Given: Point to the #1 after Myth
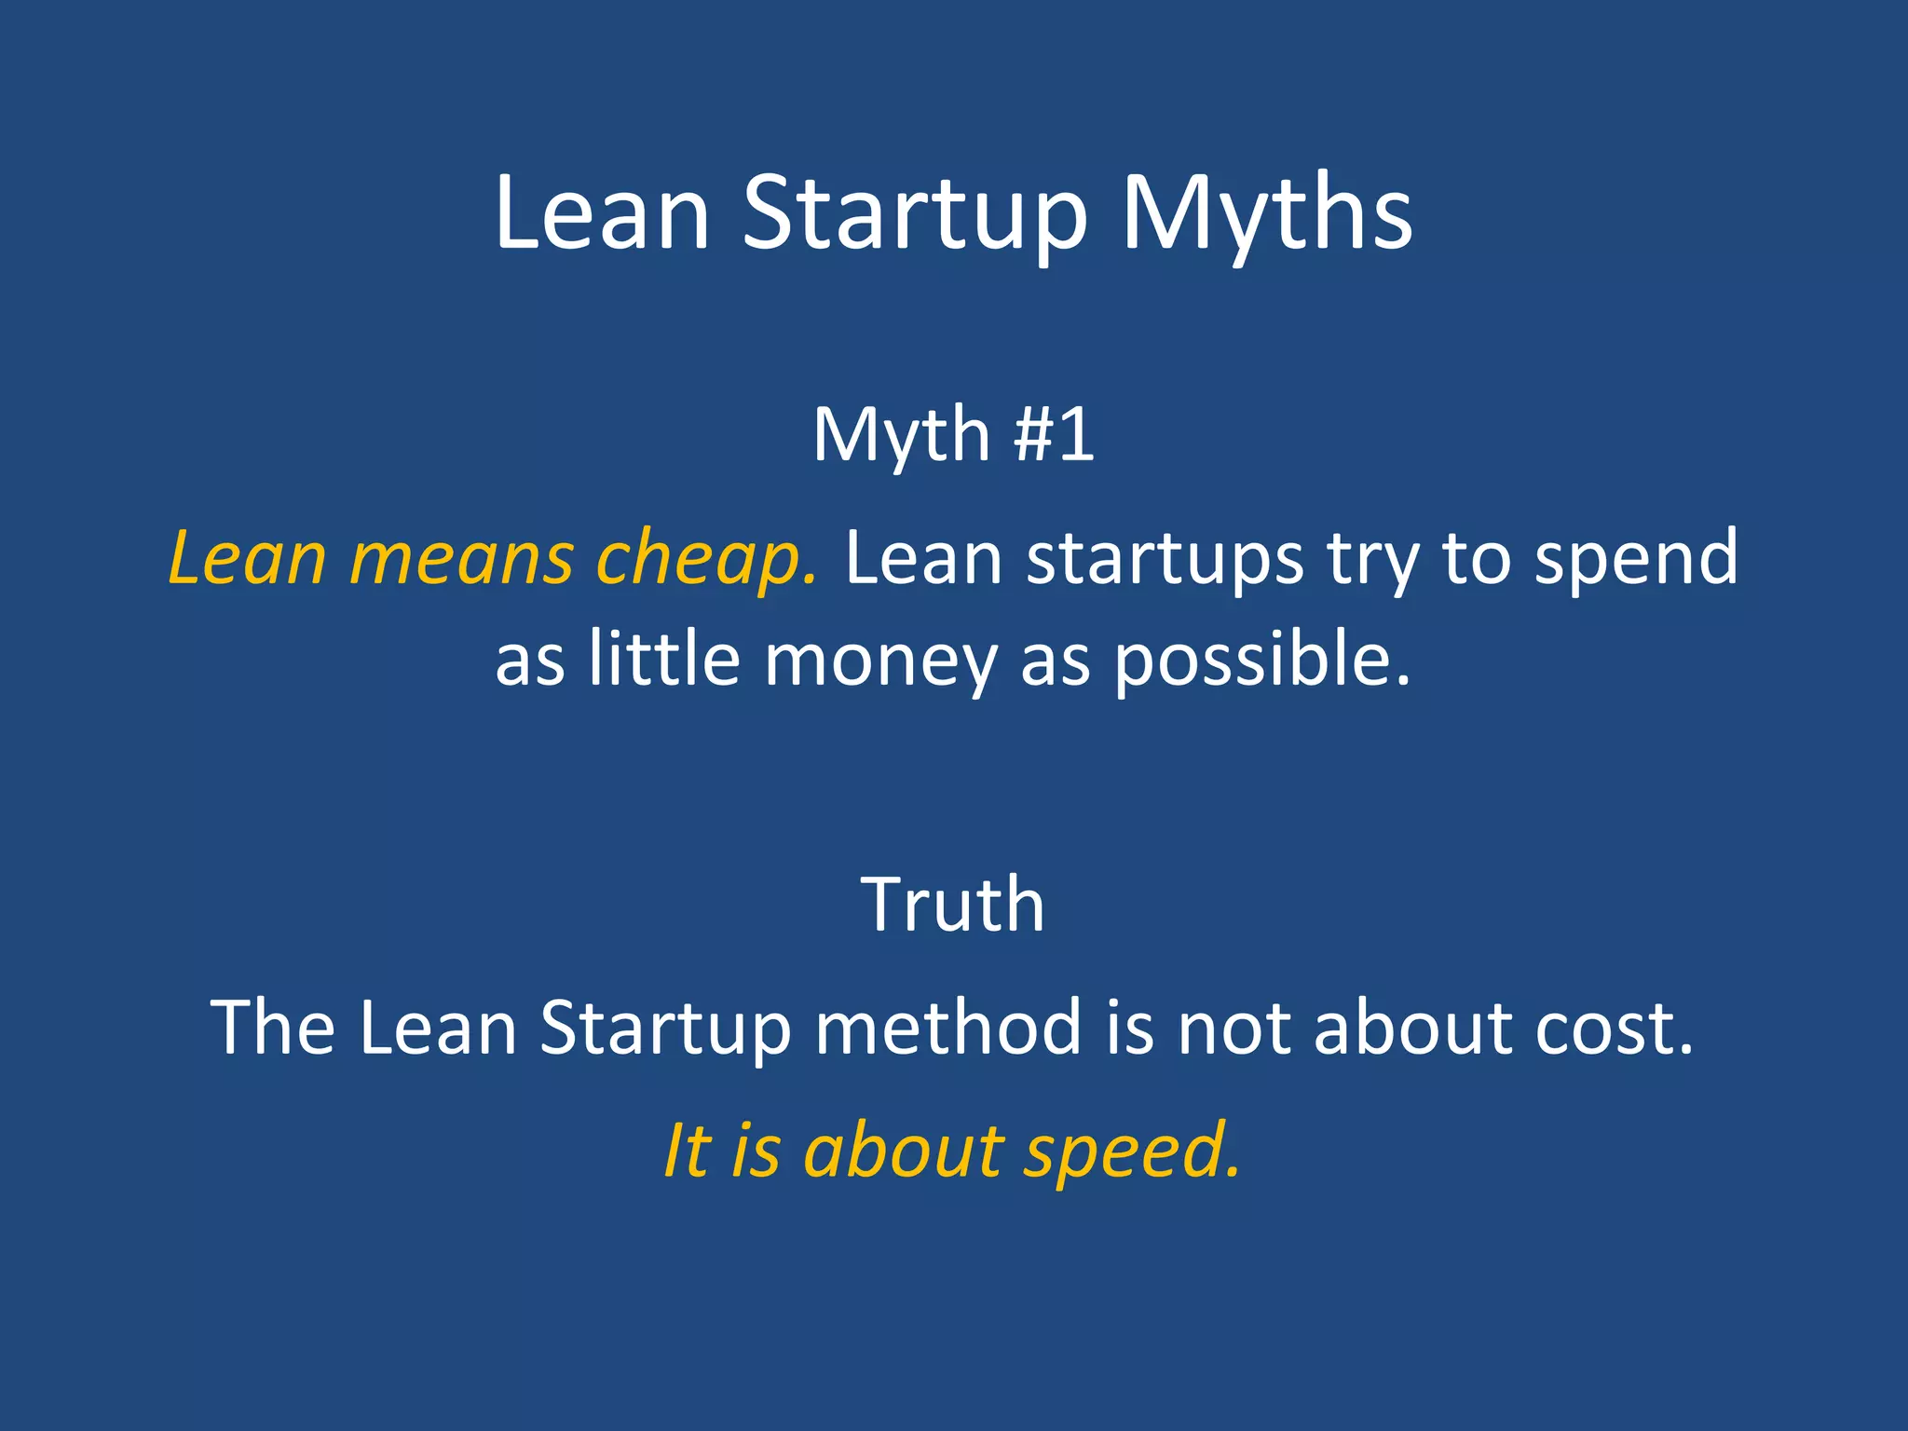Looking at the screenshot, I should click(x=1054, y=435).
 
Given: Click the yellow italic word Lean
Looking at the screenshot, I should click(x=248, y=559).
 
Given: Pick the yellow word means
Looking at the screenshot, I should click(x=462, y=559).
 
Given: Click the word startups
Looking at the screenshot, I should click(x=1165, y=559).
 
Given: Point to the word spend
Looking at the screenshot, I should click(x=1636, y=559).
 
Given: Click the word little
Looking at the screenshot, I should click(x=664, y=660).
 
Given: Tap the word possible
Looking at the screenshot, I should click(x=1262, y=660).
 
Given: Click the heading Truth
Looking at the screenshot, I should click(x=953, y=905).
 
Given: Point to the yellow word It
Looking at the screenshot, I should click(x=687, y=1151).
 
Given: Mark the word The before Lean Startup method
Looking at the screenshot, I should click(x=273, y=1028).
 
